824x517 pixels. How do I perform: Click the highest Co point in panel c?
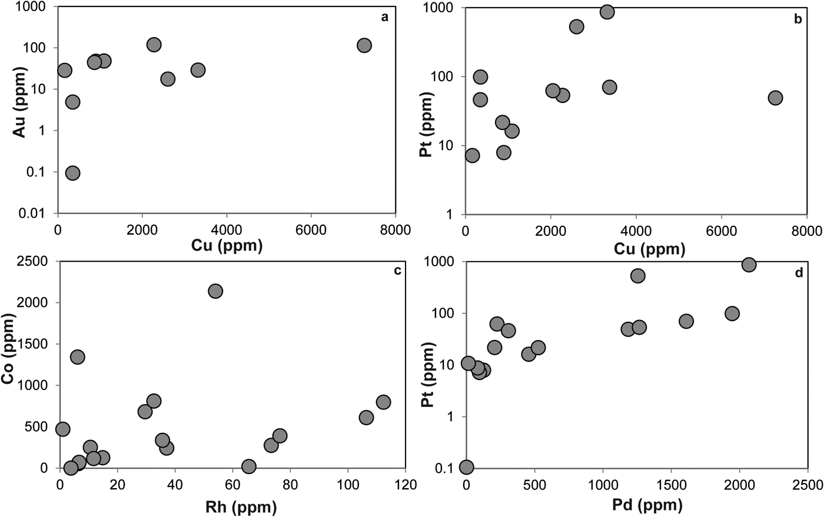click(x=215, y=291)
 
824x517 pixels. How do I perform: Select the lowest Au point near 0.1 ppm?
click(x=72, y=173)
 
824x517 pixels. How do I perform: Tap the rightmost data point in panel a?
click(x=364, y=45)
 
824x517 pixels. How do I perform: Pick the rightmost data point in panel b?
click(x=775, y=98)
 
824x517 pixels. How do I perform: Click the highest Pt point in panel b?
click(x=607, y=12)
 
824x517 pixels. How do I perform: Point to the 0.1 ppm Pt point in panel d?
click(x=466, y=467)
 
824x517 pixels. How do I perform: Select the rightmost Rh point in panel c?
click(x=383, y=402)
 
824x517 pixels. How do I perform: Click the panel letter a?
click(x=384, y=17)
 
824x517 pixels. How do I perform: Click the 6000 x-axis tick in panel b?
click(x=721, y=230)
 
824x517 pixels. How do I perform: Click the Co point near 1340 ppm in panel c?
click(x=77, y=357)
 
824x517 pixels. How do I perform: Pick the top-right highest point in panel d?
click(x=749, y=265)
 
